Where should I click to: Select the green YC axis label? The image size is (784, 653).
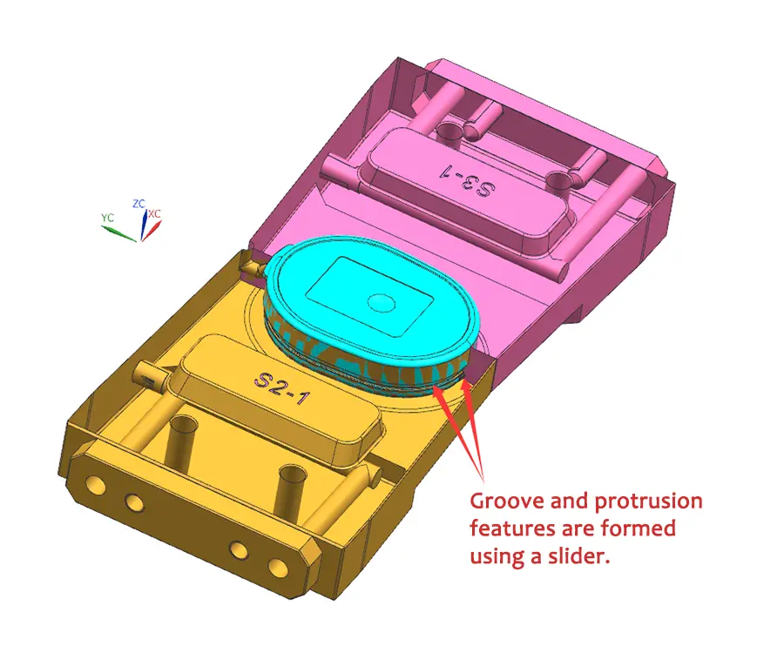coord(107,217)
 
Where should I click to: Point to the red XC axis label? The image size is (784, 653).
coord(154,213)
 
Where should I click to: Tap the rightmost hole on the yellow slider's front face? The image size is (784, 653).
coord(277,568)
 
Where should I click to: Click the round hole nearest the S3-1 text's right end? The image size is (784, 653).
coord(558,182)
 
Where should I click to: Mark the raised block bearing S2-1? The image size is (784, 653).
coord(279,392)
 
